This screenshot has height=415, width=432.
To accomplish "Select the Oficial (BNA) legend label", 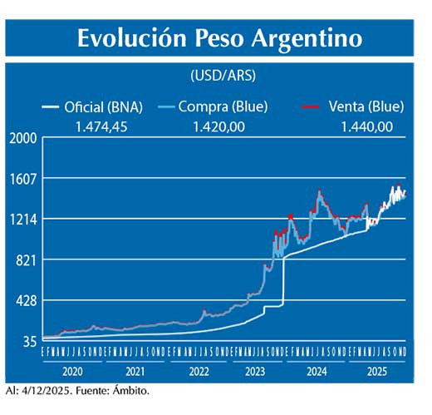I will click(103, 106).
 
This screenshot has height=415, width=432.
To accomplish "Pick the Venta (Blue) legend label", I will click(365, 106).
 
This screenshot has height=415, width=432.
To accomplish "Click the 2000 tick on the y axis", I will click(22, 139).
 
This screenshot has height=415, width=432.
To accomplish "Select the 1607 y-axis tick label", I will click(23, 179).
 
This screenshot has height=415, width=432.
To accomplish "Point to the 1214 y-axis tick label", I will click(23, 220).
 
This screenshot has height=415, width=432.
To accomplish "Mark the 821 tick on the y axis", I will click(26, 260).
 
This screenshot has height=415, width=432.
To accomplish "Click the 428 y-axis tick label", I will click(26, 301).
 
